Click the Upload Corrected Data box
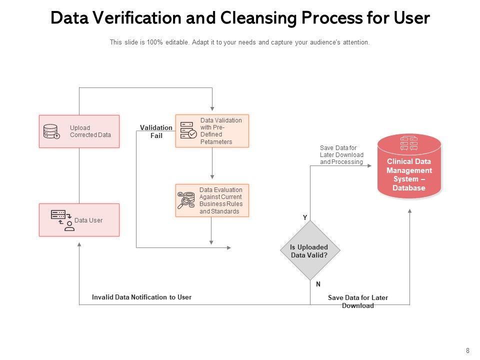[x=79, y=131]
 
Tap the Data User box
[x=79, y=220]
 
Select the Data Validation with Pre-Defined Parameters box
[x=212, y=131]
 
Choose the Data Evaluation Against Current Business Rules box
[x=212, y=200]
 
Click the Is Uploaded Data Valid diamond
[x=310, y=250]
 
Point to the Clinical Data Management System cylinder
[x=409, y=166]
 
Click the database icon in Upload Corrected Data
[x=51, y=131]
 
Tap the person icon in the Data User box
[x=69, y=226]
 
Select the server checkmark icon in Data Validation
[x=188, y=130]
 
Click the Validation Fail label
[x=156, y=131]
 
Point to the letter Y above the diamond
[x=305, y=217]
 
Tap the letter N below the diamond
[x=318, y=284]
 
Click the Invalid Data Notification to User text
[x=141, y=297]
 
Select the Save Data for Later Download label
[x=358, y=301]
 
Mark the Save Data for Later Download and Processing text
[x=341, y=155]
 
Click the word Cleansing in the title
[x=258, y=18]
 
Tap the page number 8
[x=467, y=351]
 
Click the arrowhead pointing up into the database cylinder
[x=409, y=211]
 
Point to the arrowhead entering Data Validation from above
[x=212, y=109]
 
